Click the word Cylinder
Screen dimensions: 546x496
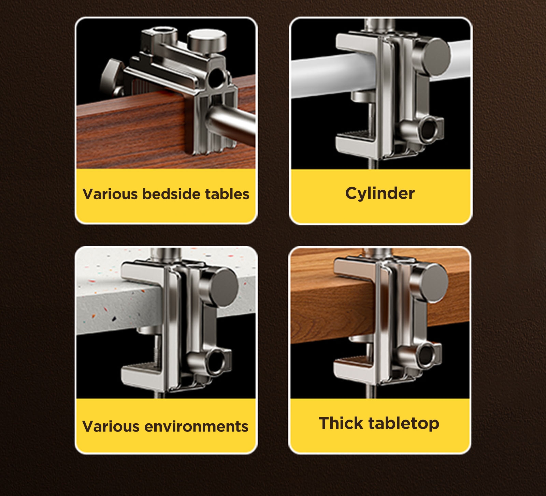pyautogui.click(x=380, y=193)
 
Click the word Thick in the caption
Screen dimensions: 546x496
pyautogui.click(x=341, y=423)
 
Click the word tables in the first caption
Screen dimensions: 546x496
pyautogui.click(x=227, y=194)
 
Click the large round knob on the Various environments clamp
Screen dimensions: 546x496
pyautogui.click(x=220, y=286)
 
